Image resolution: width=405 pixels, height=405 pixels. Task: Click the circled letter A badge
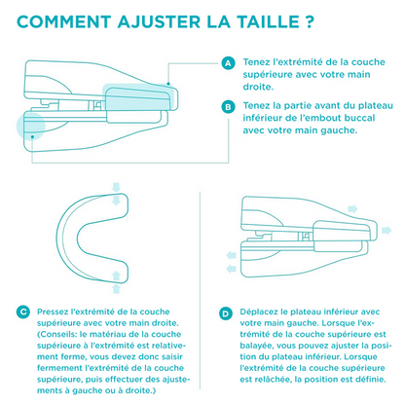tap(228, 63)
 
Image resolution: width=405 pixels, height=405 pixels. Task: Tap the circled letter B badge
tap(228, 107)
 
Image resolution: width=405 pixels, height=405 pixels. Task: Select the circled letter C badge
tap(23, 313)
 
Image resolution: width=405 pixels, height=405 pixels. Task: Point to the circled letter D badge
tap(226, 313)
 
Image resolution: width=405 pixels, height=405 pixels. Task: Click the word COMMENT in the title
tap(63, 21)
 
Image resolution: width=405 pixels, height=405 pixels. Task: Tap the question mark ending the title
tap(310, 21)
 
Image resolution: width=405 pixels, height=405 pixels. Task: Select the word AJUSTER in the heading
tap(159, 21)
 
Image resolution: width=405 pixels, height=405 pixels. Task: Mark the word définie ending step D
tap(372, 379)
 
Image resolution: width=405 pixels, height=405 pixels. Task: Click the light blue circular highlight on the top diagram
tap(31, 126)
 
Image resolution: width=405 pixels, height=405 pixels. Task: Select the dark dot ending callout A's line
tap(168, 84)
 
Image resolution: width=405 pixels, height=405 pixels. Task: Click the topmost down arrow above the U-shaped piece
tap(116, 187)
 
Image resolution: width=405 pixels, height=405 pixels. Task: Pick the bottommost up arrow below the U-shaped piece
tap(116, 289)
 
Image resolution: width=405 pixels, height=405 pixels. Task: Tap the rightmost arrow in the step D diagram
tap(387, 231)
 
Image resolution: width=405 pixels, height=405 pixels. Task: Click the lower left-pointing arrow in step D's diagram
tap(231, 269)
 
